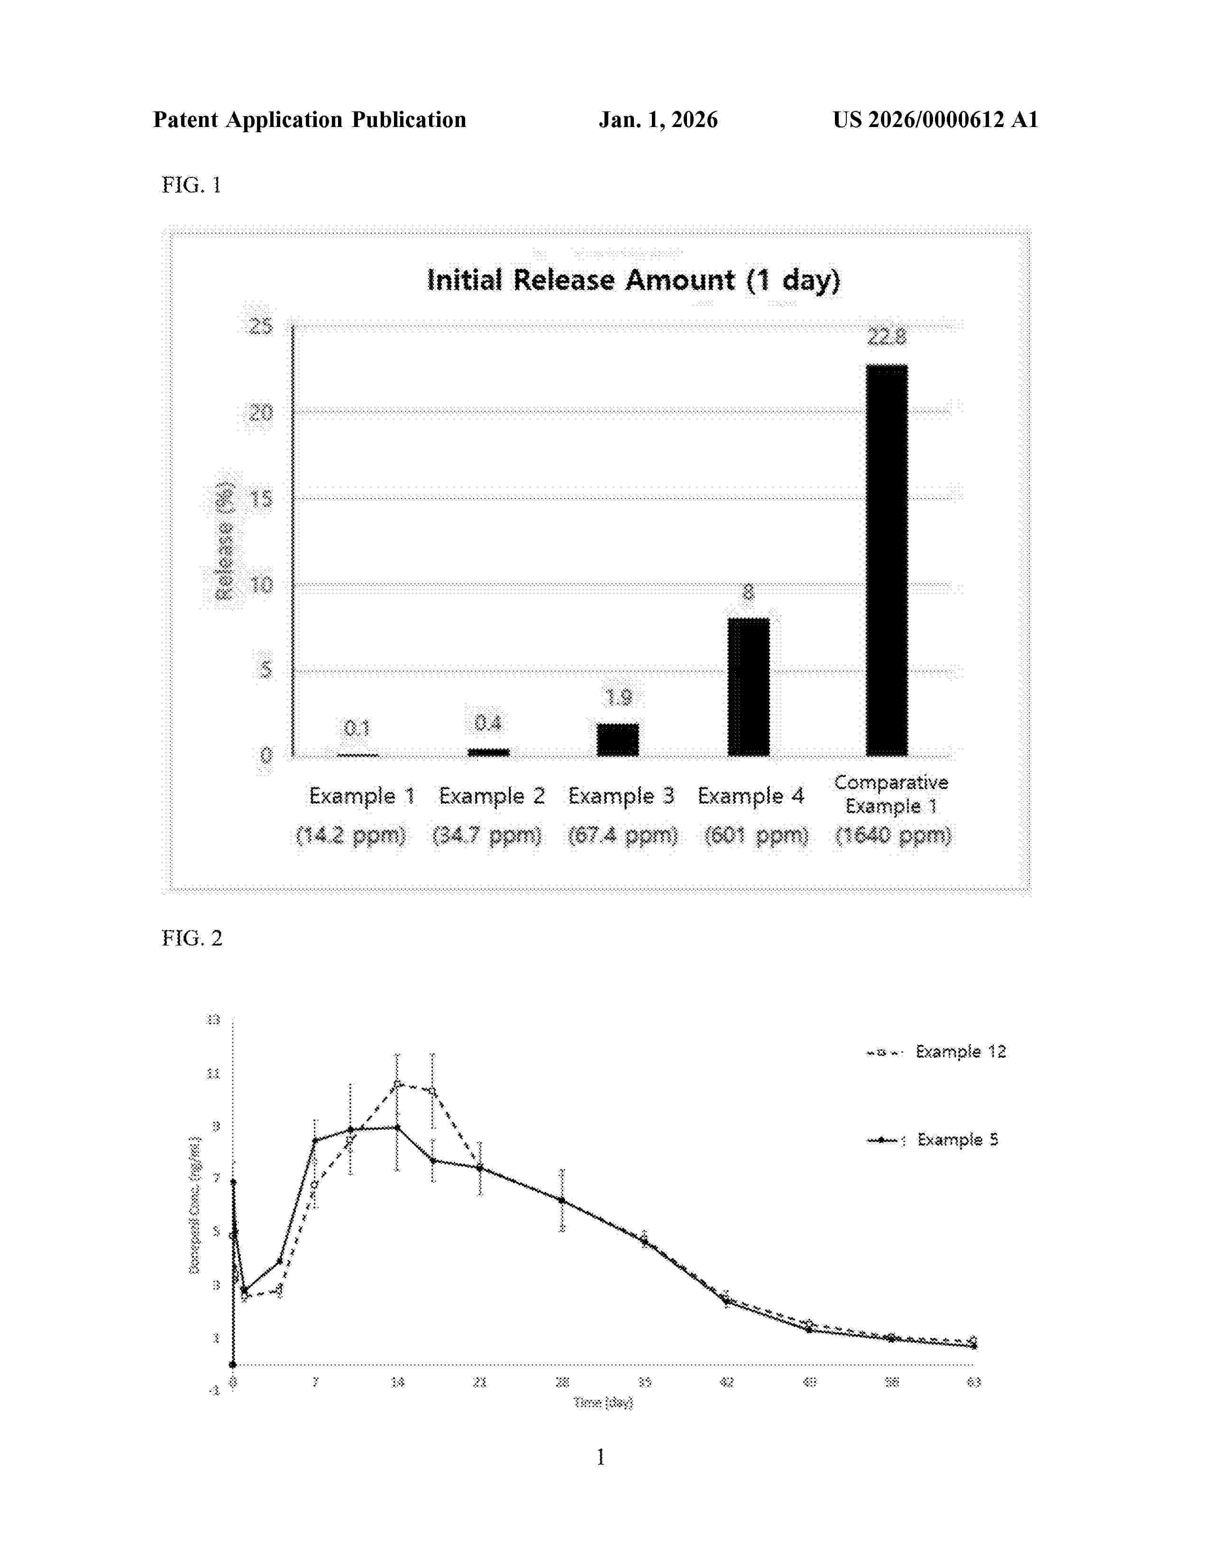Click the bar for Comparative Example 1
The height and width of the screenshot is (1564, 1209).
point(887,560)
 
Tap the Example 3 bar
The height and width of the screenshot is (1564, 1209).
point(617,740)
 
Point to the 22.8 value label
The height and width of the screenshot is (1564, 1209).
point(887,336)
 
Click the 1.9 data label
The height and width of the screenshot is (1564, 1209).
point(618,697)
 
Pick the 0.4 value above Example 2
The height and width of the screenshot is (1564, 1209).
point(488,723)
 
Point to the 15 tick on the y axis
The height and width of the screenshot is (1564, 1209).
point(261,499)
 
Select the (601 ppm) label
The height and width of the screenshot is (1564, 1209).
point(756,835)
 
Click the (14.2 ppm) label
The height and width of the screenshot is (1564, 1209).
point(351,835)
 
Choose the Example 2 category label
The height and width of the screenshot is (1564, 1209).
point(491,796)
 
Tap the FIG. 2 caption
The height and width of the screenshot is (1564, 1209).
point(192,938)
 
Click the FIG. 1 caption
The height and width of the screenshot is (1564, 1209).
point(191,185)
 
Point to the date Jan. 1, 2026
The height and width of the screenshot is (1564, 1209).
point(658,119)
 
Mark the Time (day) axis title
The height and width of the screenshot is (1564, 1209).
point(603,1403)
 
